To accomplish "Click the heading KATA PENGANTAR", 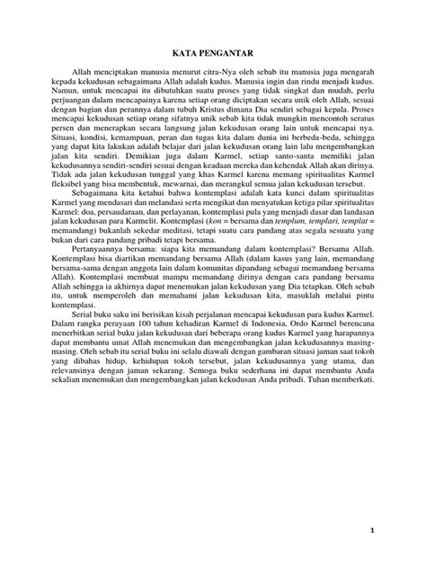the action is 214,52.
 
